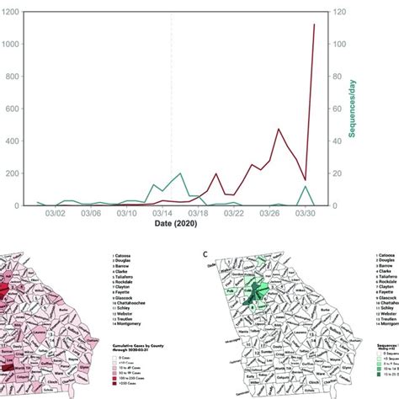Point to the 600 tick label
pyautogui.click(x=12, y=109)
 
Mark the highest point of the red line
pyautogui.click(x=315, y=24)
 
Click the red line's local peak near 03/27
pyautogui.click(x=279, y=130)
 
